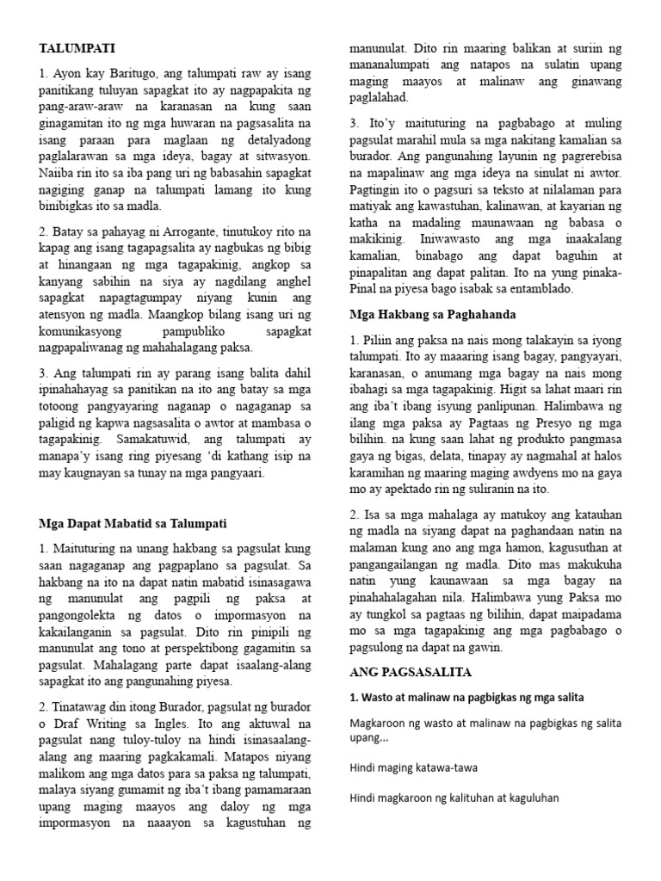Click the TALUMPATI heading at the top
tap(77, 48)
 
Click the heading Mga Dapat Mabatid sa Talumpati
tap(133, 522)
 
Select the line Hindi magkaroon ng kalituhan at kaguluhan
tap(454, 798)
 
